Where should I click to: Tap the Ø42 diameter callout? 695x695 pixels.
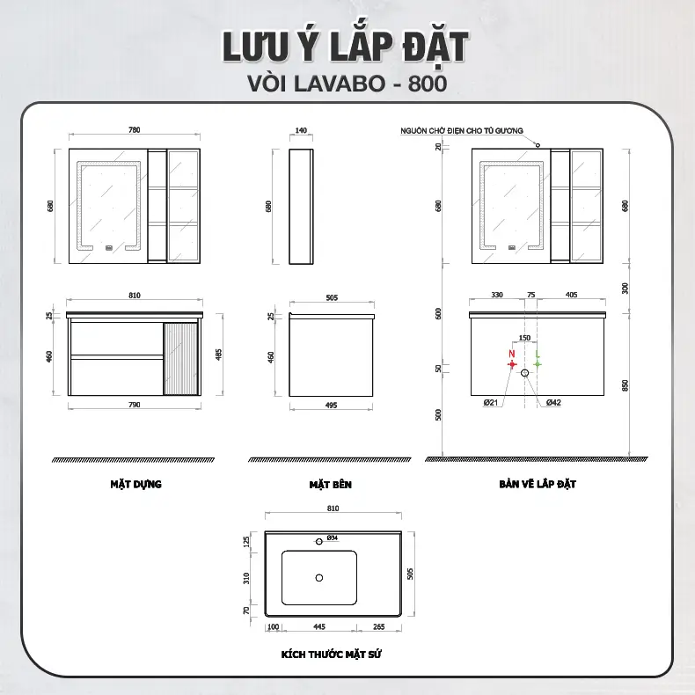coord(553,402)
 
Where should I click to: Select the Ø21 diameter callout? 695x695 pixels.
coord(491,402)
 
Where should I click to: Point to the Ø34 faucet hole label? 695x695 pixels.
coord(333,538)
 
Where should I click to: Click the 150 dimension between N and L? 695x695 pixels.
coord(524,338)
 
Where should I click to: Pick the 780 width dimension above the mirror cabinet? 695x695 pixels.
coord(135,130)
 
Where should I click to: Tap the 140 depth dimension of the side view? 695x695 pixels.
coord(301,130)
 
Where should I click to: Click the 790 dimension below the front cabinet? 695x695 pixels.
coord(135,404)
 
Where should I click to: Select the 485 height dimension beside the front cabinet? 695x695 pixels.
coord(218,355)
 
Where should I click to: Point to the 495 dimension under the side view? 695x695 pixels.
coord(331,405)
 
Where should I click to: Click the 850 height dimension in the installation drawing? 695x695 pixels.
coord(625,385)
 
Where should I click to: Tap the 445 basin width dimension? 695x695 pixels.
coord(319,626)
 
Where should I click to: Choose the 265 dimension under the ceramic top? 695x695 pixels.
coord(379,626)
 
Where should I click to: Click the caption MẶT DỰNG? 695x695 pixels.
coord(136,484)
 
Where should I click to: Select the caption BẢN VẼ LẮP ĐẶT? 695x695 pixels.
coord(538,484)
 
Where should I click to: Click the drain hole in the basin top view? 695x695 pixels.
coord(319,577)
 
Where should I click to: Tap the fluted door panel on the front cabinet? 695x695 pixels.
coord(180,359)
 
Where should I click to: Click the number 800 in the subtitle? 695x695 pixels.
coord(428,84)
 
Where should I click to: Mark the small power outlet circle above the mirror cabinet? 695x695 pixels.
coord(538,145)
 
